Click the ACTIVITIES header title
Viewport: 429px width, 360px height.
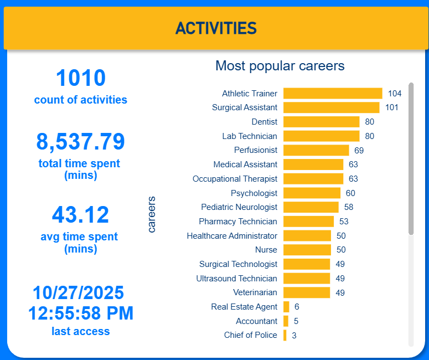tap(216, 28)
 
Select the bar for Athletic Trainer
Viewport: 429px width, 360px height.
tap(333, 93)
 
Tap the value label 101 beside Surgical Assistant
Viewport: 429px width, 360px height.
tap(392, 107)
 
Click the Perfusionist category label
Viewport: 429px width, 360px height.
tap(256, 150)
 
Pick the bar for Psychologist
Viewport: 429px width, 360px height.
tap(312, 193)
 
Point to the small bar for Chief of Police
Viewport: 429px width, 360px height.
tap(285, 335)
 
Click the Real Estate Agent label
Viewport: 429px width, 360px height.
tap(244, 306)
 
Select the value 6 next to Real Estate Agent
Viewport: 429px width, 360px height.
tap(297, 307)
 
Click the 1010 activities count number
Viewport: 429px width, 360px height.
tap(81, 78)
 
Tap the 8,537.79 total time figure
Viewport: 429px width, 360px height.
tap(81, 142)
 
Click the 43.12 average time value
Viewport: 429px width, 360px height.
tap(81, 215)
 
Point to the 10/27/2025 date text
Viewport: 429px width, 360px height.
tap(79, 292)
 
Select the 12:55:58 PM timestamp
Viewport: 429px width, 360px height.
tap(81, 313)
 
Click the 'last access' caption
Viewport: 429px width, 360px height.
tap(81, 331)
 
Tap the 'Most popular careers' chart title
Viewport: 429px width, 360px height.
tap(280, 66)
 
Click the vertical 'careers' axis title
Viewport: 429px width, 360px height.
tap(151, 214)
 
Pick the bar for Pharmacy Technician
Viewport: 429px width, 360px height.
tap(308, 222)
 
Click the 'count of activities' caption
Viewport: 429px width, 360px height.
tap(81, 100)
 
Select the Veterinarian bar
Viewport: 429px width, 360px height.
tap(307, 292)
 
